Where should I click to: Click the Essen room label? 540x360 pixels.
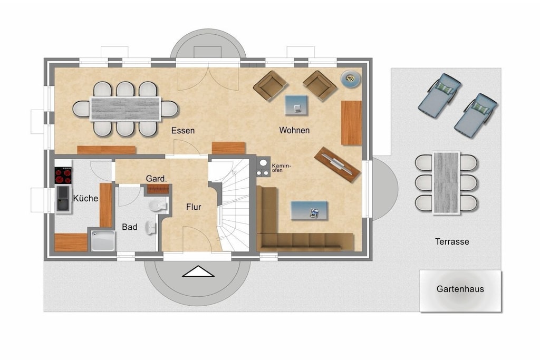point(183,130)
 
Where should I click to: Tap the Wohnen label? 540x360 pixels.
point(294,130)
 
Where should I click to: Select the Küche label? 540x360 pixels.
point(86,198)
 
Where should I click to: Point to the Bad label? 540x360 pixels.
point(130,227)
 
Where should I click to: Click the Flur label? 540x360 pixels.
point(194,207)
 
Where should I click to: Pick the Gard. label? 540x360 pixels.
point(156,179)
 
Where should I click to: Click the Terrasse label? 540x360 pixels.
point(452,241)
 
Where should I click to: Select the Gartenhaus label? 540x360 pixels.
point(460,289)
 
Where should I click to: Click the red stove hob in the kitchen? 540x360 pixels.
point(63,176)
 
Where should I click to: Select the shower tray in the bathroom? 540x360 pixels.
point(103,241)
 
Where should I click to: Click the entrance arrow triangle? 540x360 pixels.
point(198,271)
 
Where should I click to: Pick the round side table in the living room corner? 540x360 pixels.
point(351,79)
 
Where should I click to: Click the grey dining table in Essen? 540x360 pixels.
point(126,109)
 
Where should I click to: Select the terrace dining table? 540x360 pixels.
point(446,183)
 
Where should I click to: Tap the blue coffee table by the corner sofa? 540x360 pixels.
point(309,210)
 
